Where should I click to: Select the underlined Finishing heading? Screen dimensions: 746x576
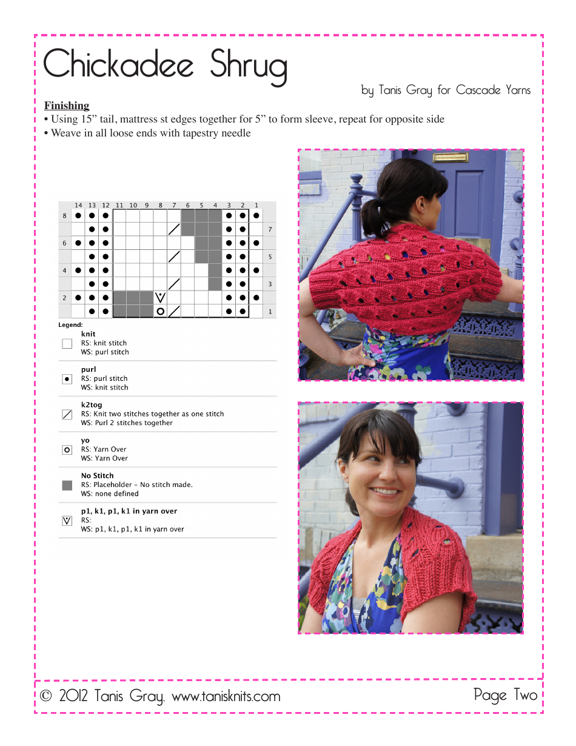tap(67, 106)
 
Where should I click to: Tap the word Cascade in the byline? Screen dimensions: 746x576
tap(478, 90)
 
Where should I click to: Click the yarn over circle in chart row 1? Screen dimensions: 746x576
tap(160, 311)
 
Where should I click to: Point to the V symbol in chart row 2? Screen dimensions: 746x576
tap(160, 297)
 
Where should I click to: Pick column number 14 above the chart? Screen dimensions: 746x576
tap(78, 206)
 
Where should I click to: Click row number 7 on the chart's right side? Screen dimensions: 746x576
tap(270, 230)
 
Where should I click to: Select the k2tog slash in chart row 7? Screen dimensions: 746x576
tap(174, 229)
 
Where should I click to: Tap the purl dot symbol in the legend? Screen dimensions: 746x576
tap(67, 378)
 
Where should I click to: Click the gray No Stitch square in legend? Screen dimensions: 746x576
tap(67, 485)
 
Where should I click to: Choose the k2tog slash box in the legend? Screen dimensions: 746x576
tap(67, 414)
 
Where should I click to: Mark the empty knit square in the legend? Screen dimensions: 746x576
tap(67, 343)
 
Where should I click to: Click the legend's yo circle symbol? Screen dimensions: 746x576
tap(67, 449)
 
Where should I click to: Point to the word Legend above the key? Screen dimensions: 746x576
tap(70, 325)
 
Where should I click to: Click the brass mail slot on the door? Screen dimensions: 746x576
tap(450, 158)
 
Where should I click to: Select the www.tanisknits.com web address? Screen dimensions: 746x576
tap(226, 697)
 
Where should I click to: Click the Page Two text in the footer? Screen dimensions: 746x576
tap(505, 695)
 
